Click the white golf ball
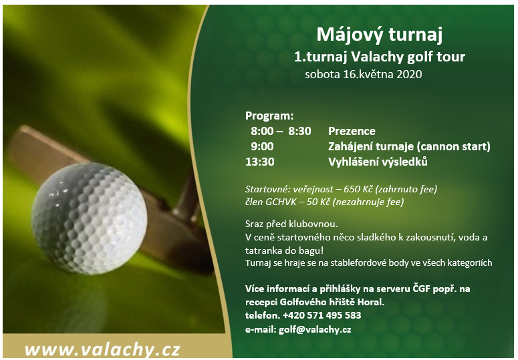click(x=89, y=218)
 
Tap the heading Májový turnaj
click(x=380, y=35)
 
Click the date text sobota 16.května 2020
click(x=364, y=74)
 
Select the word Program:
click(x=269, y=116)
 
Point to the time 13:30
click(x=259, y=162)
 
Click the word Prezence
click(x=352, y=132)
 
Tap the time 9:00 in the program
click(x=262, y=146)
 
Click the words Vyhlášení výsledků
click(x=378, y=162)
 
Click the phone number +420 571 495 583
click(x=321, y=315)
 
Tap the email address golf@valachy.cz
click(x=315, y=330)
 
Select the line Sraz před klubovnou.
click(x=291, y=224)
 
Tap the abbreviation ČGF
click(x=422, y=289)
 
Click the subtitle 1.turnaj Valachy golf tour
click(x=380, y=57)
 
